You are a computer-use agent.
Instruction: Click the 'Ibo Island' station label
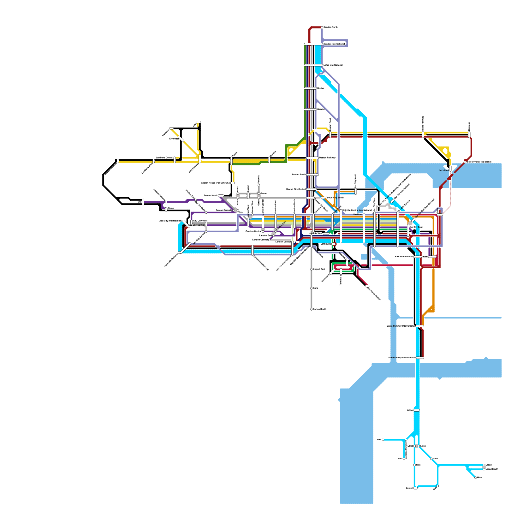[443, 170]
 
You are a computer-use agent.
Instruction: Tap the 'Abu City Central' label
[196, 225]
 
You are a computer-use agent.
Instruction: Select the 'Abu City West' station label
[200, 221]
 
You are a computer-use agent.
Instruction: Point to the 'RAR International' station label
[404, 257]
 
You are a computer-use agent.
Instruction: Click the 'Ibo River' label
[358, 214]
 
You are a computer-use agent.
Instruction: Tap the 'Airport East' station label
[319, 269]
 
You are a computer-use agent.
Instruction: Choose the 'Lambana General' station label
[164, 157]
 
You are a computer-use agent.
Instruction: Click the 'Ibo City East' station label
[416, 227]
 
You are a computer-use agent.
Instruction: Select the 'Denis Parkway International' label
[401, 326]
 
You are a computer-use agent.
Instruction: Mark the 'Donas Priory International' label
[401, 358]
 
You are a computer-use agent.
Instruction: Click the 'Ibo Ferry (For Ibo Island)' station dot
[465, 162]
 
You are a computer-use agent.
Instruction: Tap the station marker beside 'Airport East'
[311, 269]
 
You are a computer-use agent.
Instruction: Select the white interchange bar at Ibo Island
[450, 169]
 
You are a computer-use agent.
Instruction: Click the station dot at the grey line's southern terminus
[311, 309]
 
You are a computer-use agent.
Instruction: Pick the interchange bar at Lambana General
[175, 160]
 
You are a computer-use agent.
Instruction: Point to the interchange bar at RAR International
[418, 257]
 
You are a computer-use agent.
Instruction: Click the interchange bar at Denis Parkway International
[420, 326]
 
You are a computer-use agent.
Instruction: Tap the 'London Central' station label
[283, 242]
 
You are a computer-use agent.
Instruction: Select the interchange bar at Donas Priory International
[420, 358]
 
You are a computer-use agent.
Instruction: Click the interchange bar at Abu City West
[191, 222]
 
